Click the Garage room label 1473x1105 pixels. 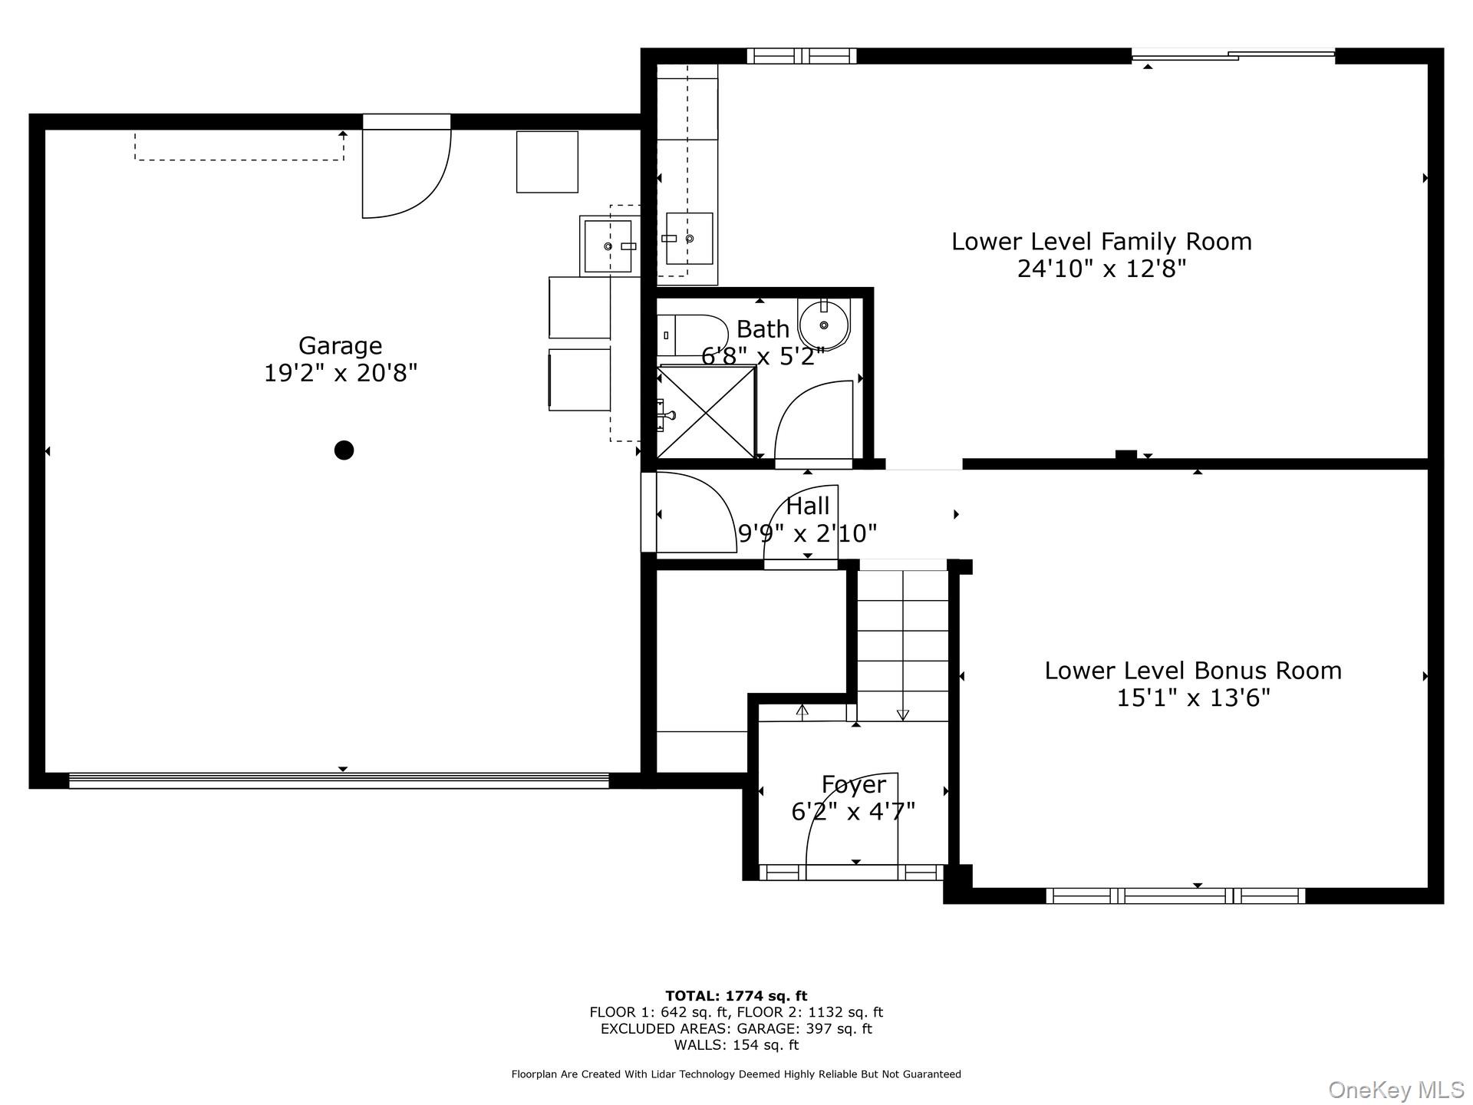click(340, 346)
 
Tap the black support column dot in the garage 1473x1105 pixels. click(344, 450)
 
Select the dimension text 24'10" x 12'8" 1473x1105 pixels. click(1101, 269)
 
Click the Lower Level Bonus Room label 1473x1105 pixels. click(1192, 671)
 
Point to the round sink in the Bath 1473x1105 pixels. click(823, 325)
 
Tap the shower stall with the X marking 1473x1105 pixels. click(706, 413)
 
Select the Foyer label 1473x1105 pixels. click(853, 784)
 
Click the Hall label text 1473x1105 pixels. click(807, 506)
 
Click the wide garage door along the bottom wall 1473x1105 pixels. click(338, 780)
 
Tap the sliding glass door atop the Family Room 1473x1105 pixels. click(1233, 54)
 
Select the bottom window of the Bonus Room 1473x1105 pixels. click(1175, 896)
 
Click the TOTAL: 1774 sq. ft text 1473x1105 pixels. click(736, 996)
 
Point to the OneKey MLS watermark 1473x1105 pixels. click(1396, 1090)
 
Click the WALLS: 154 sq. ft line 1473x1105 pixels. click(736, 1045)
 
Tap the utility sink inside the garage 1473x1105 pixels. click(608, 246)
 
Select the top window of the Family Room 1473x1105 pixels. click(801, 55)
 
